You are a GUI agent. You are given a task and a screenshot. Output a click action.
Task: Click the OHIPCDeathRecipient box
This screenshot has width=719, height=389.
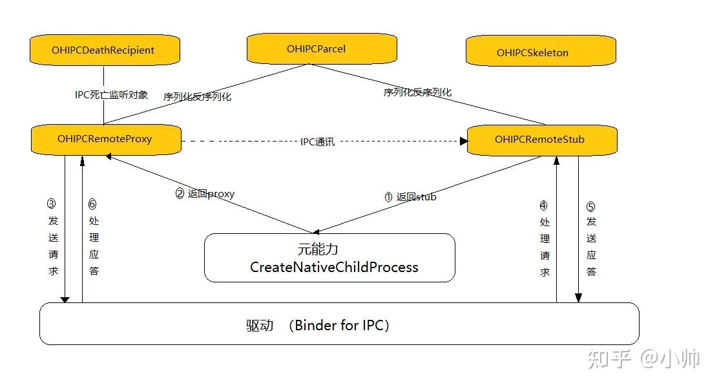tap(103, 50)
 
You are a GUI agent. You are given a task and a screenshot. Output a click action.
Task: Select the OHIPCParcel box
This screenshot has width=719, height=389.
tap(321, 49)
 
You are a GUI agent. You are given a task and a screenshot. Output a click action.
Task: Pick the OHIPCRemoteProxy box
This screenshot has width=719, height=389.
tap(105, 139)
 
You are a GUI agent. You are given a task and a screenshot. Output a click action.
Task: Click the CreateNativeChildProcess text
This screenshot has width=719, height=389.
tap(333, 267)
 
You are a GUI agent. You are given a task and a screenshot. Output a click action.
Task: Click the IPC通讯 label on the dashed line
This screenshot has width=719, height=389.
tap(317, 142)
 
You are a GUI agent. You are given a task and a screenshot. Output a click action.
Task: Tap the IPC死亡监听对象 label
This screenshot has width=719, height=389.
tap(111, 95)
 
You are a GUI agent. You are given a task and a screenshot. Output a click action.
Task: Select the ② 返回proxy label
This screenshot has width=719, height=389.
tap(205, 193)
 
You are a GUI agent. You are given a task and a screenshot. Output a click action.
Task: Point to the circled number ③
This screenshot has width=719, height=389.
tap(52, 203)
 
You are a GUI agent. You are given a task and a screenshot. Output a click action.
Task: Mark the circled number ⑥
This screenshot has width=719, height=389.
tap(92, 204)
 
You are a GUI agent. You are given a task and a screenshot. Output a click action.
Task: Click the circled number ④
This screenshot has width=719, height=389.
tap(543, 206)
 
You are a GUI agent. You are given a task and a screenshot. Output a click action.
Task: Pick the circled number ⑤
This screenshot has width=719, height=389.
tap(590, 207)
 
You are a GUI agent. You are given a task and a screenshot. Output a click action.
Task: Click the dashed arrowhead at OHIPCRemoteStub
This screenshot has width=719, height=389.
tap(463, 141)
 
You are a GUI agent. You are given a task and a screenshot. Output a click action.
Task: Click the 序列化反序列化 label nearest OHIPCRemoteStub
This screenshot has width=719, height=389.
tap(417, 92)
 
